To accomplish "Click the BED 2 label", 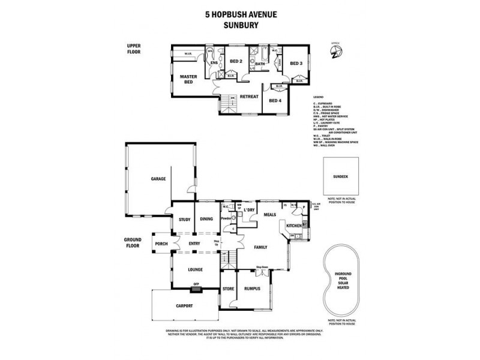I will click(x=236, y=62).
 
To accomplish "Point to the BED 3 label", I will click(x=296, y=63).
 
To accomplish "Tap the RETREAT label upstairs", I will click(x=249, y=96).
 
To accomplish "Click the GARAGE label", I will click(x=158, y=178).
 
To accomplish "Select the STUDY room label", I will click(x=184, y=219).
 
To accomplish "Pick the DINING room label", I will click(x=206, y=219).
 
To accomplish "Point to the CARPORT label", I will click(x=184, y=305).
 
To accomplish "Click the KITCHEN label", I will click(x=294, y=225).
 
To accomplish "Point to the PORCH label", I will click(x=161, y=244).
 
